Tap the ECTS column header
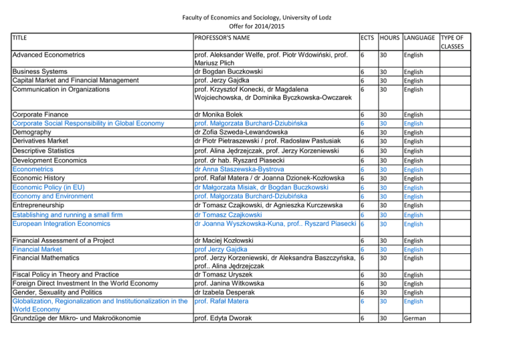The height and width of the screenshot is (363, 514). click(x=366, y=38)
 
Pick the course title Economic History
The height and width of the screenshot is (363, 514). click(x=42, y=178)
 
